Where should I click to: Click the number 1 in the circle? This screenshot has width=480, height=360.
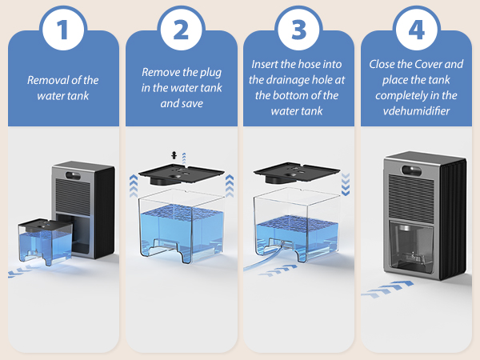pos(62,30)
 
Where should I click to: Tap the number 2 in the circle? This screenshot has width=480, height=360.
pos(181,30)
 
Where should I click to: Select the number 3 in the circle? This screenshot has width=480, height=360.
pos(298,30)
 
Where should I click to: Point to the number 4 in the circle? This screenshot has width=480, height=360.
pos(416,30)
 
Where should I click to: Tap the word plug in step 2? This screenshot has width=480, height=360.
pos(210,73)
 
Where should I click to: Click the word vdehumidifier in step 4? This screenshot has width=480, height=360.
pos(416,111)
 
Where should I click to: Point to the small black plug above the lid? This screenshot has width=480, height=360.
pos(174,155)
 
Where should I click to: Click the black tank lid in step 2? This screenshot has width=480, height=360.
pos(181,174)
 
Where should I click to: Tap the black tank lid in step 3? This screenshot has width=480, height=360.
pos(296,172)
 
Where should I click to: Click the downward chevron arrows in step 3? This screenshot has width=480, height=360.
pos(346,184)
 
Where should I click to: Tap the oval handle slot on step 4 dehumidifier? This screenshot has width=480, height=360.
pos(411,170)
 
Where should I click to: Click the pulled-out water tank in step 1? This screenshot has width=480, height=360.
pos(46,242)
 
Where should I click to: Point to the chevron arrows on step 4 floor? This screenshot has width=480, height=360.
pos(387,289)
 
